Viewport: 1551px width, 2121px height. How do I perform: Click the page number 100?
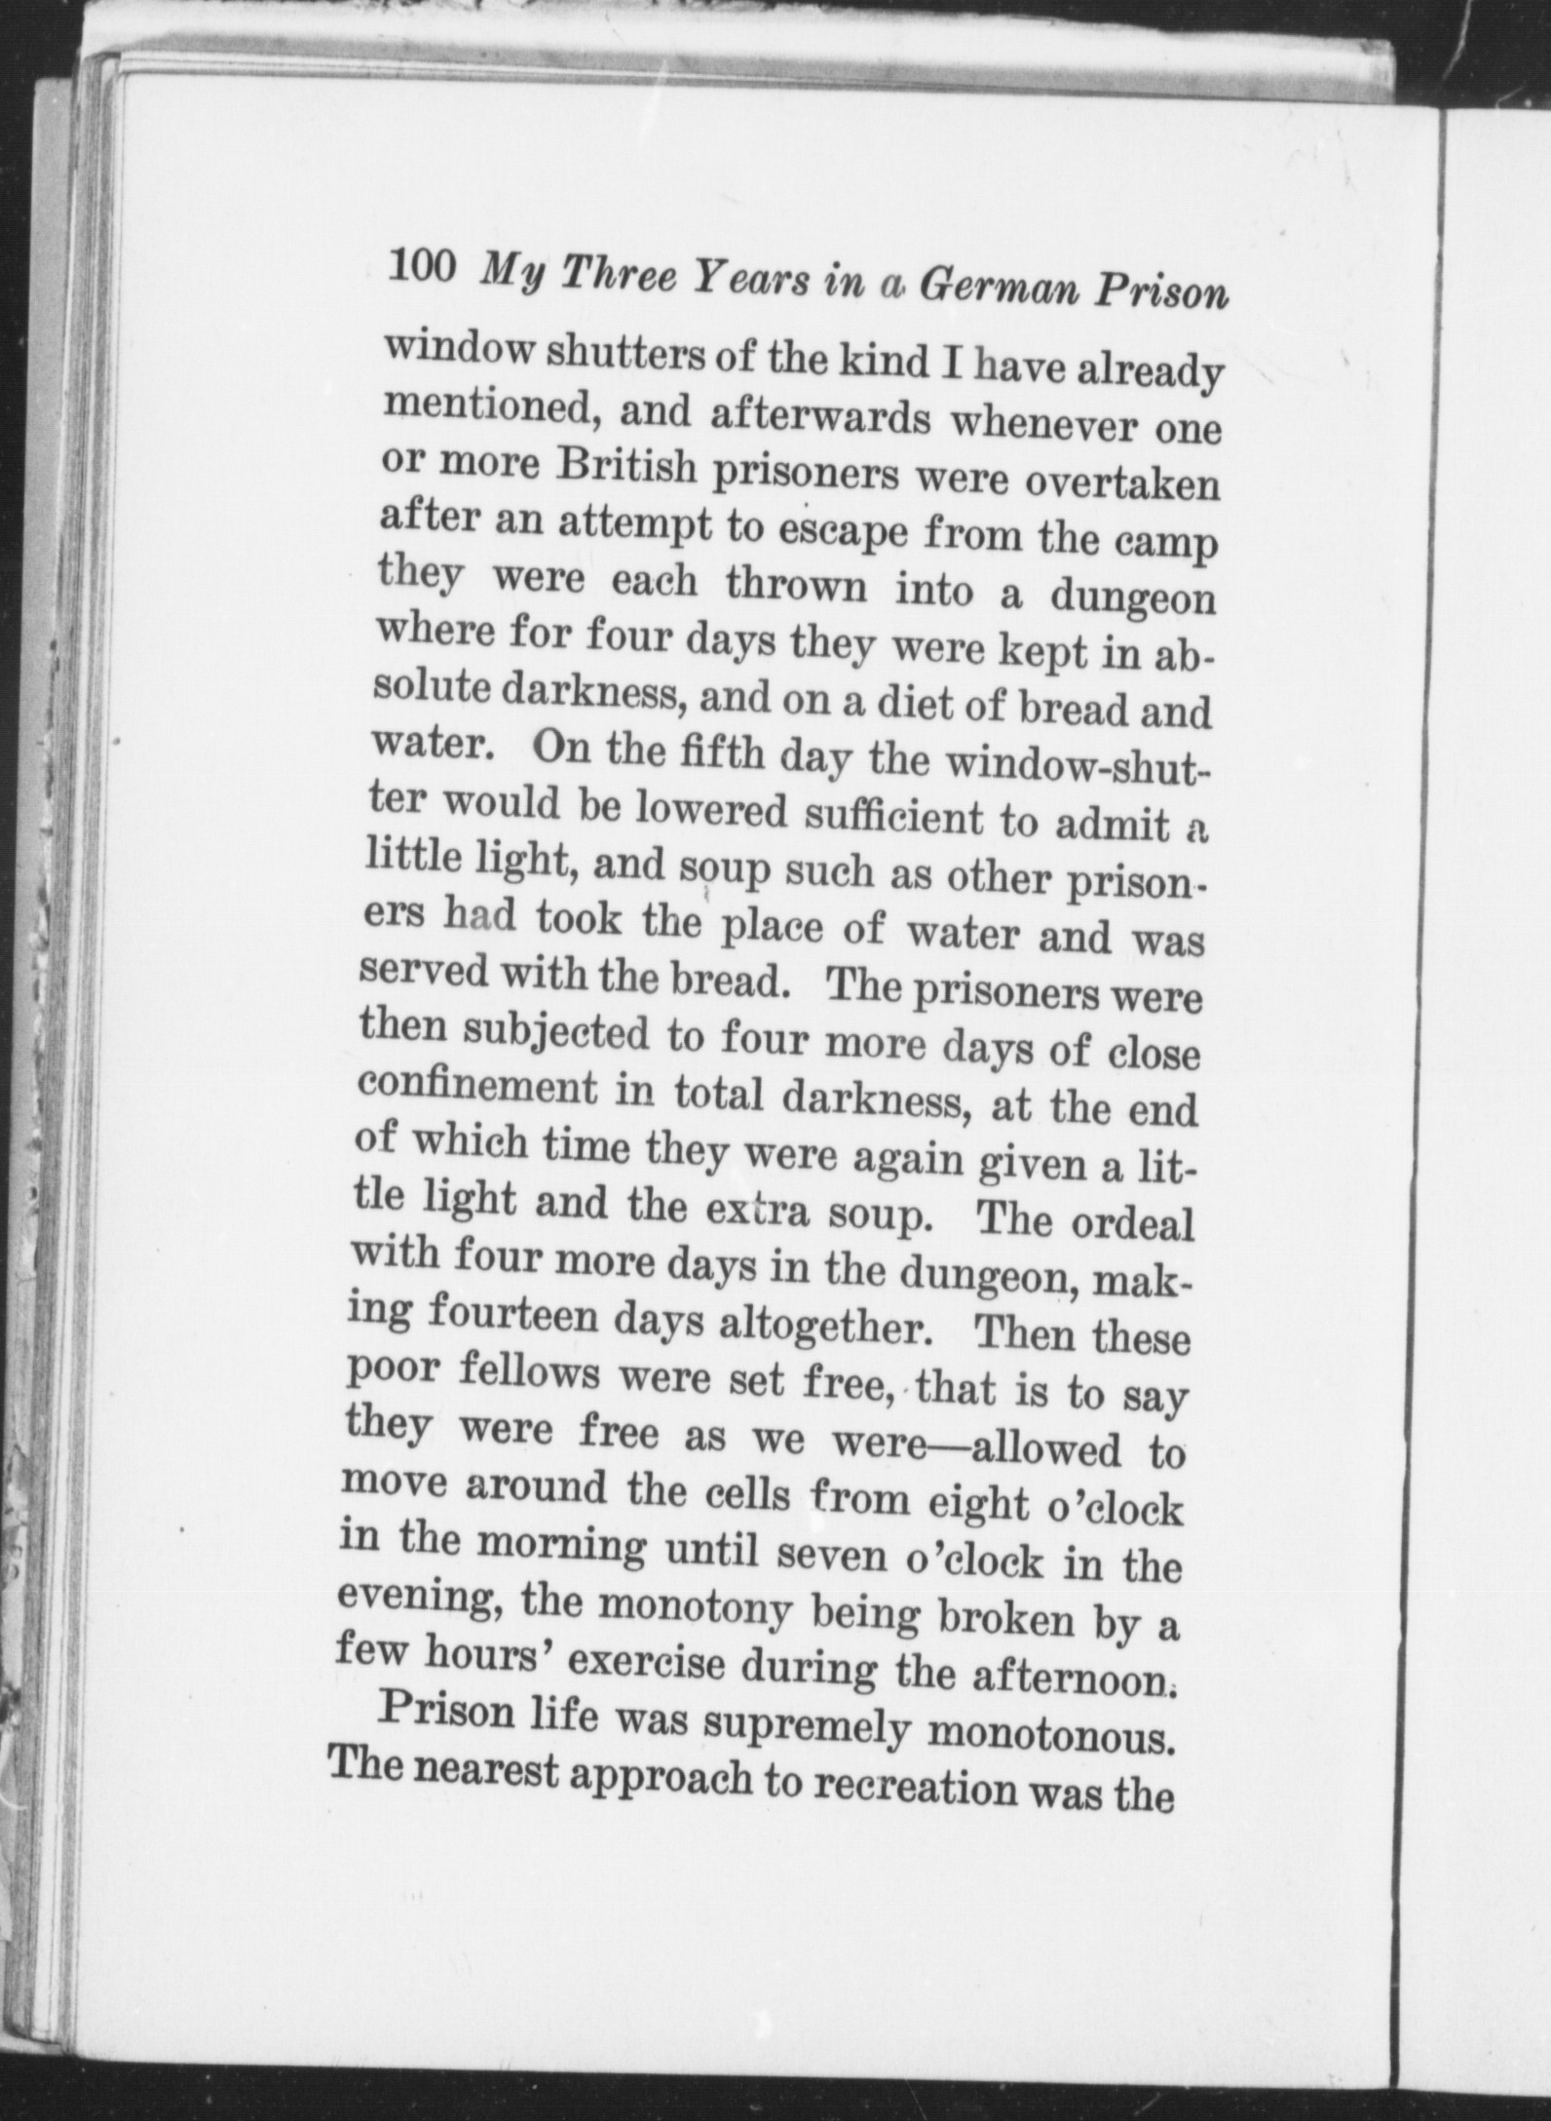pyautogui.click(x=422, y=266)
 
